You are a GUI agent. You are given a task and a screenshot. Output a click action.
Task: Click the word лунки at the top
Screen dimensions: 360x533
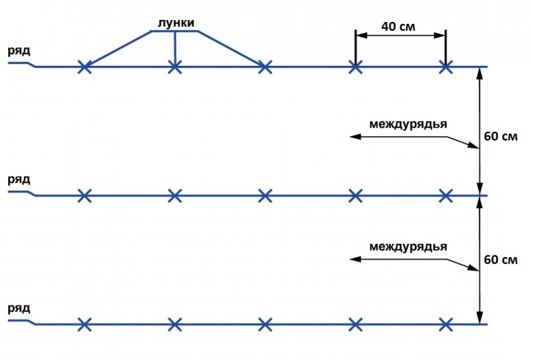175,23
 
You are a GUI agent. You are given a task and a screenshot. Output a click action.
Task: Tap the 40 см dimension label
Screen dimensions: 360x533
399,26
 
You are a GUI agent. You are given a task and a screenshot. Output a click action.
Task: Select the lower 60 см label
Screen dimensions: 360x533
501,259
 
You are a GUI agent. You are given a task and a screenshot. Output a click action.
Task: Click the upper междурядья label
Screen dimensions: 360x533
408,124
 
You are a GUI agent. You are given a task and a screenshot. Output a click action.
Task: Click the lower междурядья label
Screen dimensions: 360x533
408,246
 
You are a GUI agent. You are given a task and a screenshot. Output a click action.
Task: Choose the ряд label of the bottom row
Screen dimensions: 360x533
19,309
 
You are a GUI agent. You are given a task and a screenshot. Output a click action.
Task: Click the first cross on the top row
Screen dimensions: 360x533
85,66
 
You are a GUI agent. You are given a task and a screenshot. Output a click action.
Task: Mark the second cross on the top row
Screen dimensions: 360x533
175,66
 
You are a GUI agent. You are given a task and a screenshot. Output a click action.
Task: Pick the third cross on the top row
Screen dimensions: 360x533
265,66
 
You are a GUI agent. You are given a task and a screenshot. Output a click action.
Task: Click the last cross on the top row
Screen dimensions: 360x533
446,66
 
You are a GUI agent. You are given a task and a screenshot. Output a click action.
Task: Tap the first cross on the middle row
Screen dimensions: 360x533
85,196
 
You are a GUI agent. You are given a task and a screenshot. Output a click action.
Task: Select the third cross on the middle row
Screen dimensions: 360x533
265,196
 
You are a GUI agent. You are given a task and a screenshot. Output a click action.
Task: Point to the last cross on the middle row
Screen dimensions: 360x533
446,196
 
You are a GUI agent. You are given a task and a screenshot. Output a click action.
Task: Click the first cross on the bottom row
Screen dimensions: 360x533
85,324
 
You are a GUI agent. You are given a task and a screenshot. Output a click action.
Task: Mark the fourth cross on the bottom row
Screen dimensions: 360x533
356,324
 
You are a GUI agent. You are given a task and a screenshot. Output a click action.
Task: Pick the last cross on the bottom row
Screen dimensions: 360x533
446,324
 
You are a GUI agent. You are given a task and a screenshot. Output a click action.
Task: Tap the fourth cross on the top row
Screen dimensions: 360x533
356,66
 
